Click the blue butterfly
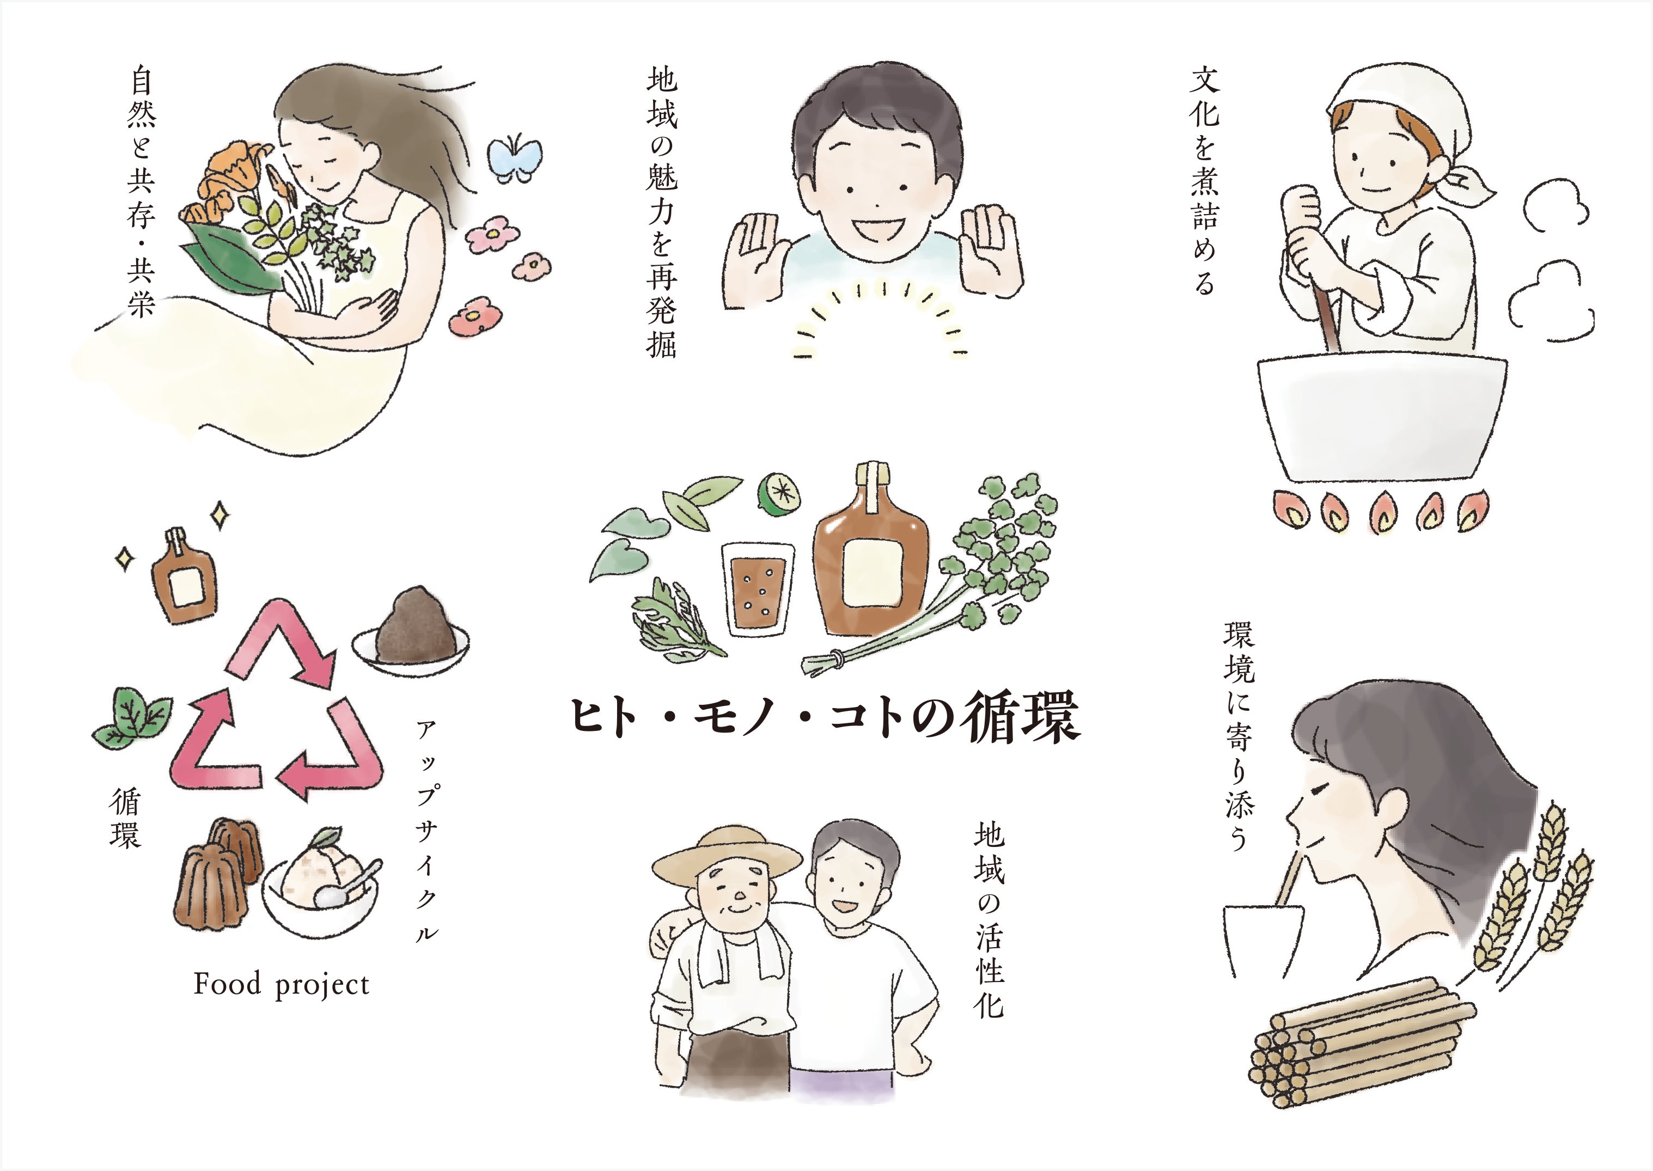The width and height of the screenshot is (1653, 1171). [x=515, y=157]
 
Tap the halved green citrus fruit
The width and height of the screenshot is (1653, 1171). [x=778, y=494]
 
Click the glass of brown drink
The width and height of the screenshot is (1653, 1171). [x=757, y=588]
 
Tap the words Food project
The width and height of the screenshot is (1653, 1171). [x=281, y=985]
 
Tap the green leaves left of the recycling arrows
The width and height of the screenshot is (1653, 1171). [x=132, y=717]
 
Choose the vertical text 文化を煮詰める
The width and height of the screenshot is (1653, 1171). [x=1204, y=180]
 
